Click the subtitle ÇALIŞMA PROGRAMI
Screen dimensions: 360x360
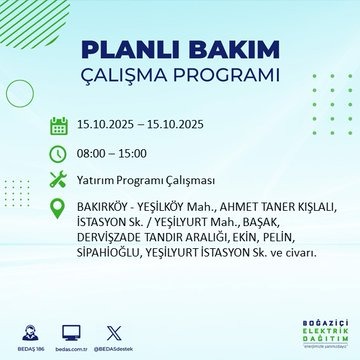(179, 76)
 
